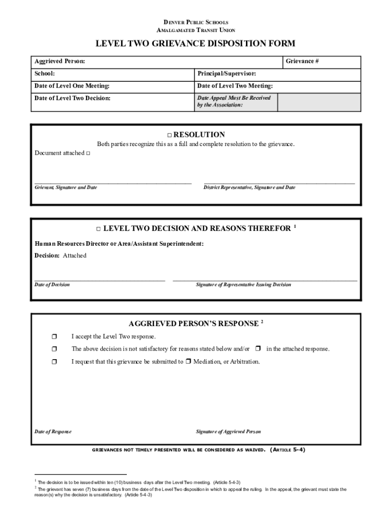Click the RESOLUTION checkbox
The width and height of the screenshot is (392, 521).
click(170, 135)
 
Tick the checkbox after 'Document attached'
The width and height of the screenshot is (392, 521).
click(88, 153)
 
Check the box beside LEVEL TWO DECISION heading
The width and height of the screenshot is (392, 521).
click(99, 229)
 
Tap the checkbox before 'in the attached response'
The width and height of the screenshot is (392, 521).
click(258, 349)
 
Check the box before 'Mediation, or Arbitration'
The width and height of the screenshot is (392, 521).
click(188, 362)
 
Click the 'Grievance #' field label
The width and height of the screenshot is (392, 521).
click(302, 62)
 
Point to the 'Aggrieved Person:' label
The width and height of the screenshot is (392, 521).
click(60, 62)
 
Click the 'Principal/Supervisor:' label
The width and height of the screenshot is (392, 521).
click(227, 74)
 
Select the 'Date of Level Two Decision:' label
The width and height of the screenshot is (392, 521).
click(72, 98)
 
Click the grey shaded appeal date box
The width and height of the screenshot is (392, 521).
click(319, 101)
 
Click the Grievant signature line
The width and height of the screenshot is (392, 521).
click(113, 182)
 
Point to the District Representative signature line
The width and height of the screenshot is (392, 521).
click(279, 182)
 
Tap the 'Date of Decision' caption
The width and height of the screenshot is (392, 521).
click(52, 284)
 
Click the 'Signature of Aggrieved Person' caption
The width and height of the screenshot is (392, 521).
click(228, 431)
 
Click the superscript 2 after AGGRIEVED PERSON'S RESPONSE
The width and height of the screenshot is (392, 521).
click(262, 322)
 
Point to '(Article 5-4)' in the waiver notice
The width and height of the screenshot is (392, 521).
click(288, 450)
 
